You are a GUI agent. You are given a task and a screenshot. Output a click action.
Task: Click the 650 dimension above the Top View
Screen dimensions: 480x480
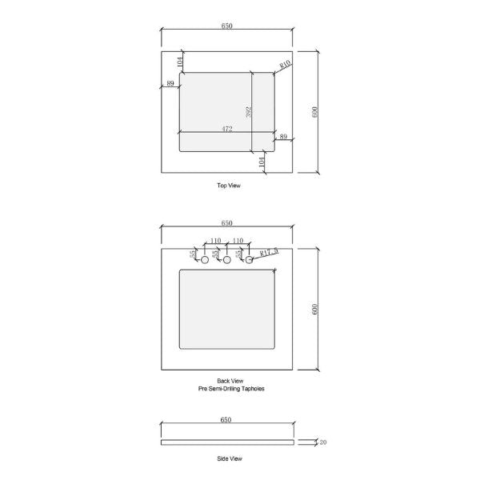226,26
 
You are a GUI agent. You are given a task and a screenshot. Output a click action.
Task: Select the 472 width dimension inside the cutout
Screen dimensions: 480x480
227,128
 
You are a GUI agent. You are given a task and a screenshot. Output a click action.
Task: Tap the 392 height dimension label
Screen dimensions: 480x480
249,111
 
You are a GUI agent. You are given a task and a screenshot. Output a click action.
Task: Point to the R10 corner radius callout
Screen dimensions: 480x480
285,64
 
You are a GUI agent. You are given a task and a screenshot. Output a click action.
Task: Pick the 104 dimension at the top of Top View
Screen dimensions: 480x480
181,61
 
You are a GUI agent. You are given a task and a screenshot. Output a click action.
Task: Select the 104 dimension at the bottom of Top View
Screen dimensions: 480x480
262,161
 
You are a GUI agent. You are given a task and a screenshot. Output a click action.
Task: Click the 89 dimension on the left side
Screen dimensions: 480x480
170,83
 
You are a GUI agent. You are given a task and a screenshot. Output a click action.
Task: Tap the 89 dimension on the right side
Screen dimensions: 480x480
283,138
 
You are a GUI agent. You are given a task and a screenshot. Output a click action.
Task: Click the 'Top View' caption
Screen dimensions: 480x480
228,186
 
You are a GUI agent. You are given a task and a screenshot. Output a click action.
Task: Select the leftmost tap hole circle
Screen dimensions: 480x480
205,261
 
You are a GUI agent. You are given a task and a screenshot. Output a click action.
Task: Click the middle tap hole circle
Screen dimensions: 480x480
227,261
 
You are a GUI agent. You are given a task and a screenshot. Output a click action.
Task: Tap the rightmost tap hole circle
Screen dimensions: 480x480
250,260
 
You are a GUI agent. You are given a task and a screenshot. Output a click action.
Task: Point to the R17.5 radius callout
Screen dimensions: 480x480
269,252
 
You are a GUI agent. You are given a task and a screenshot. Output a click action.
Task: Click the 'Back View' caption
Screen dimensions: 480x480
230,381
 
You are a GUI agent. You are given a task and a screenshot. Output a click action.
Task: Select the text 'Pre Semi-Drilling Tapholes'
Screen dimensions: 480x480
230,388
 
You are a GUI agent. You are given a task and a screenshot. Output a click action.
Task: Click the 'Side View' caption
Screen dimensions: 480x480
230,459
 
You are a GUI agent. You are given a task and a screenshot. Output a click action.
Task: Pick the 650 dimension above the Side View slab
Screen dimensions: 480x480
226,420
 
